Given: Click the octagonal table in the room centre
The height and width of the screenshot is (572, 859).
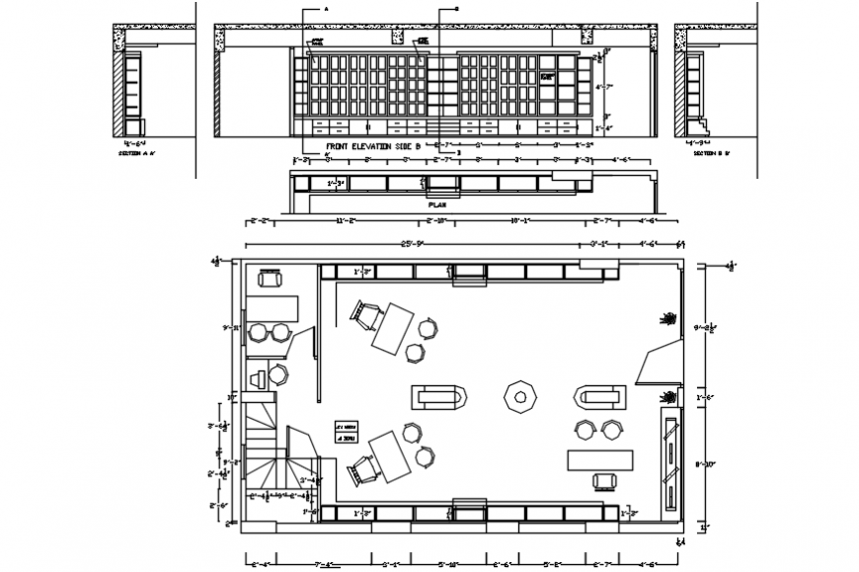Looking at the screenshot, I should pos(519,397).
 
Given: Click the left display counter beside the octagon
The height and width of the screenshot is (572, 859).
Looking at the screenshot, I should pos(438,397).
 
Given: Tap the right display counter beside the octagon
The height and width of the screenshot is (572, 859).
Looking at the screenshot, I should pos(600,397).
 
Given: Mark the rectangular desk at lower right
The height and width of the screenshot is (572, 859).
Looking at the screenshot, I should pos(599,460).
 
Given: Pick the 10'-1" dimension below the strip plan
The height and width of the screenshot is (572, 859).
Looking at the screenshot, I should pos(519,219).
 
